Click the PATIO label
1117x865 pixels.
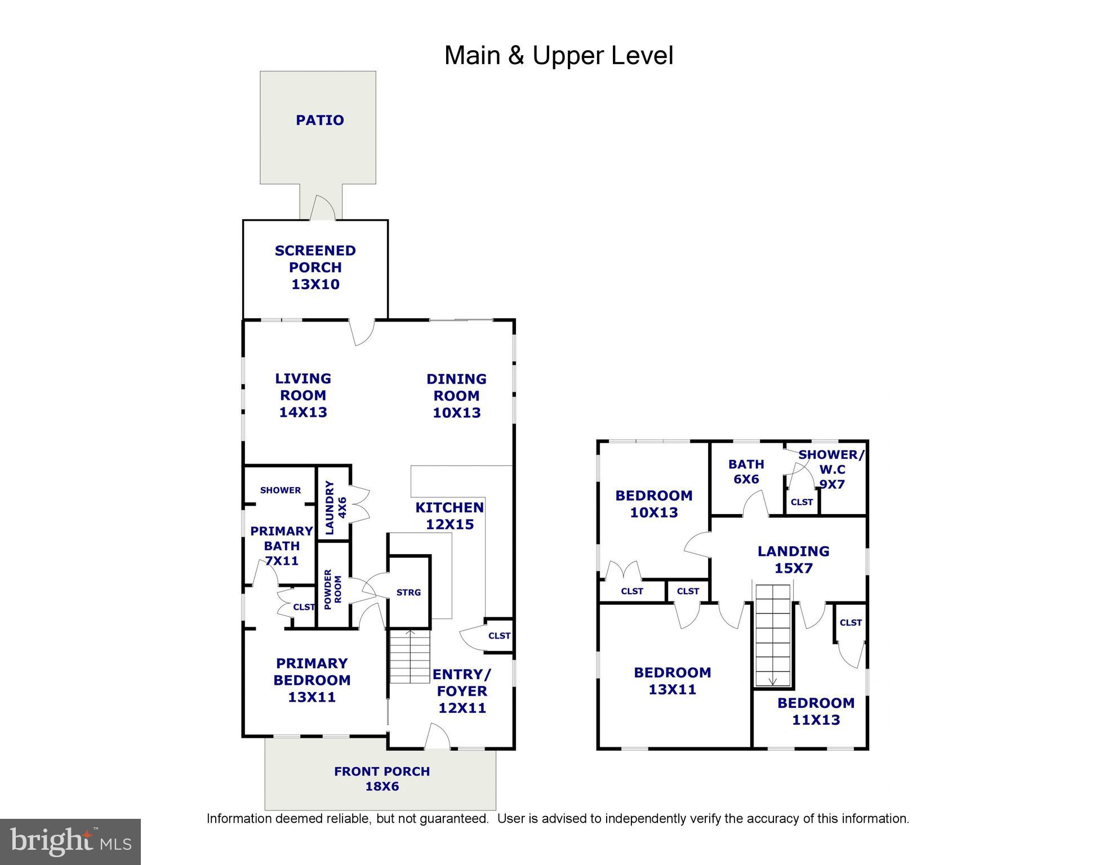(x=320, y=120)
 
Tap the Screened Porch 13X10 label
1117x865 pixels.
(x=315, y=267)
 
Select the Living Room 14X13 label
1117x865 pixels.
(x=303, y=395)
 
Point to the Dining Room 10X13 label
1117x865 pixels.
(x=456, y=395)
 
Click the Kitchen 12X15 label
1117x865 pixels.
(x=450, y=515)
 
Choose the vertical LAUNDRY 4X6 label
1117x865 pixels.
(x=335, y=507)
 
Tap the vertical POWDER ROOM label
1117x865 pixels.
(x=332, y=589)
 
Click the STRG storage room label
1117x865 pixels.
(x=408, y=592)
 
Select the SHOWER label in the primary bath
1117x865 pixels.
(x=281, y=490)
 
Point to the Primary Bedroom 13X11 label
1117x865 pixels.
(x=311, y=680)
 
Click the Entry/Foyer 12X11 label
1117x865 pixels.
(x=462, y=690)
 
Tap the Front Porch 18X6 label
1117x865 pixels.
(x=382, y=778)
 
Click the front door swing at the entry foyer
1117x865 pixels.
(x=437, y=736)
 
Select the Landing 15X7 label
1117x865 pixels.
(x=793, y=559)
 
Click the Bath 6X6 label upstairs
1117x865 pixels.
(x=746, y=471)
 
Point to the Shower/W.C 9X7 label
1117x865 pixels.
(x=831, y=469)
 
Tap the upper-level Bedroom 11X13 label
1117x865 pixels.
(x=816, y=711)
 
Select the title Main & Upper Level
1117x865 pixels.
(x=559, y=55)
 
